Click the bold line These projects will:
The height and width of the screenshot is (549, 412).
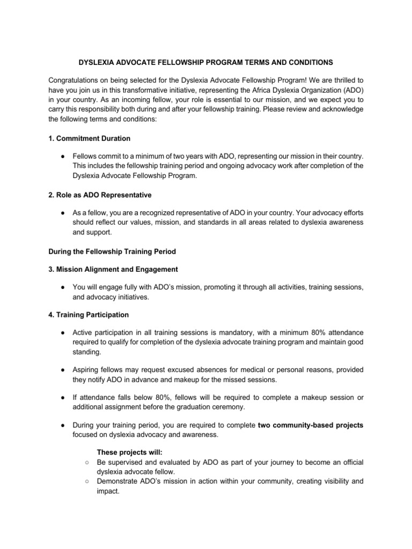click(x=125, y=453)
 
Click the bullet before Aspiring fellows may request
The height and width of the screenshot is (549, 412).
click(x=63, y=370)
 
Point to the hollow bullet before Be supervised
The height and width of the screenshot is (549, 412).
click(x=86, y=463)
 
